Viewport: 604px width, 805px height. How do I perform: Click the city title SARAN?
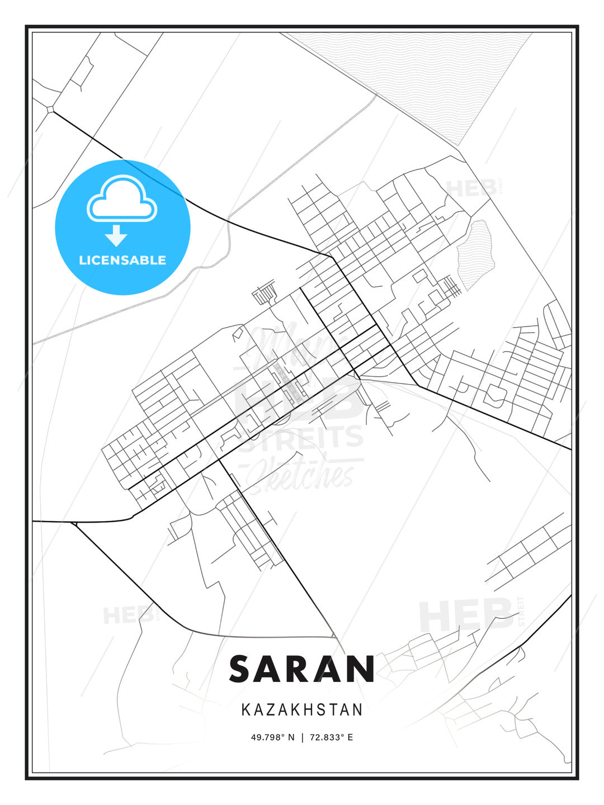click(301, 669)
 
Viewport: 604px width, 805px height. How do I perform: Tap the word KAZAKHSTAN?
click(302, 710)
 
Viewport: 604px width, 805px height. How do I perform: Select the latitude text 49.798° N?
click(272, 737)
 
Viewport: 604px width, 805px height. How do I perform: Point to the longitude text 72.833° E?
click(331, 737)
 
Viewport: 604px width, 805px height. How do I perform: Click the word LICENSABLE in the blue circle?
click(122, 260)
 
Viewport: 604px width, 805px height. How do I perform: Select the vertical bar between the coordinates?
click(303, 737)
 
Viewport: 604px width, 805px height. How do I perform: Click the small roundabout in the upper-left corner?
click(51, 110)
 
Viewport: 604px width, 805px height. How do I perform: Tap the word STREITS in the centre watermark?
click(303, 437)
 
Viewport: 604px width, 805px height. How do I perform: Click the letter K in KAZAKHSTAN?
click(246, 710)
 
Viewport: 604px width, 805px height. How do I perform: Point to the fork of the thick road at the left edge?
click(73, 523)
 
